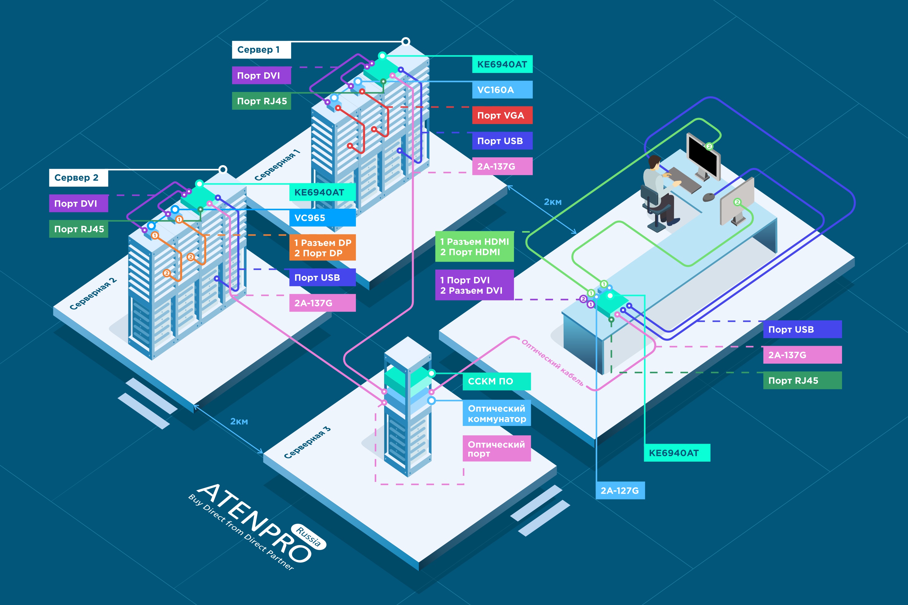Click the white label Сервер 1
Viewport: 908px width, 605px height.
(x=261, y=50)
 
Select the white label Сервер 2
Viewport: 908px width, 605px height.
(x=78, y=178)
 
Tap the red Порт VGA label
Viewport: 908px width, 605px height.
(x=502, y=115)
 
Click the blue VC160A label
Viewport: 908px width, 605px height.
(x=502, y=90)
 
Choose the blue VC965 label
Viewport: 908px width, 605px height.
(x=322, y=218)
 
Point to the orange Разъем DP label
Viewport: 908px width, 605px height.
(x=322, y=248)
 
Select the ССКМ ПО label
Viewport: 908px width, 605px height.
(x=496, y=381)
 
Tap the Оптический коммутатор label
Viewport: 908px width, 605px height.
(x=496, y=413)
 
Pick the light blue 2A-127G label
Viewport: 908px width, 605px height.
(x=620, y=490)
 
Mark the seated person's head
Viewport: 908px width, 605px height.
(x=654, y=162)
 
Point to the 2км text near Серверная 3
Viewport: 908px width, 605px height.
(x=239, y=421)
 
